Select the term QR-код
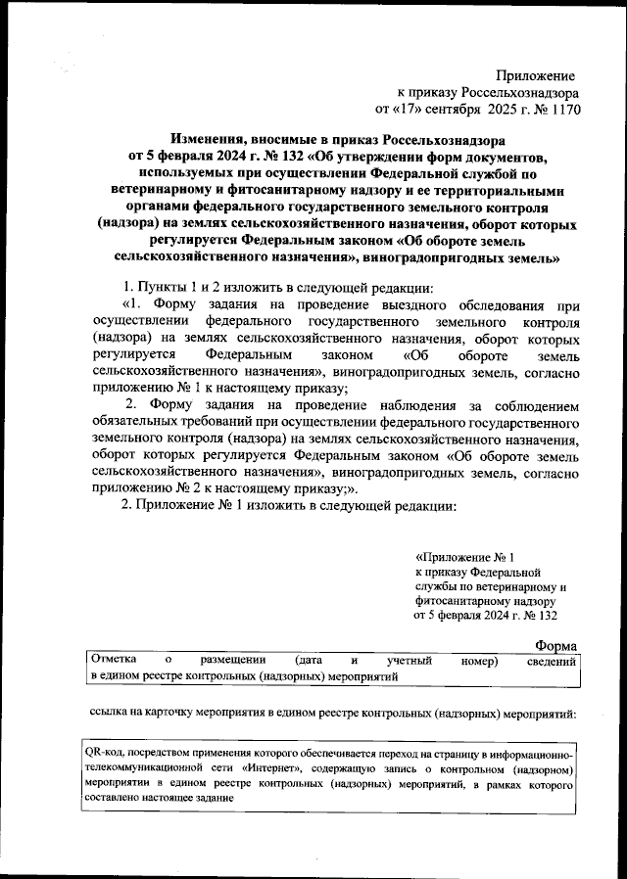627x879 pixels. tap(107, 752)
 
